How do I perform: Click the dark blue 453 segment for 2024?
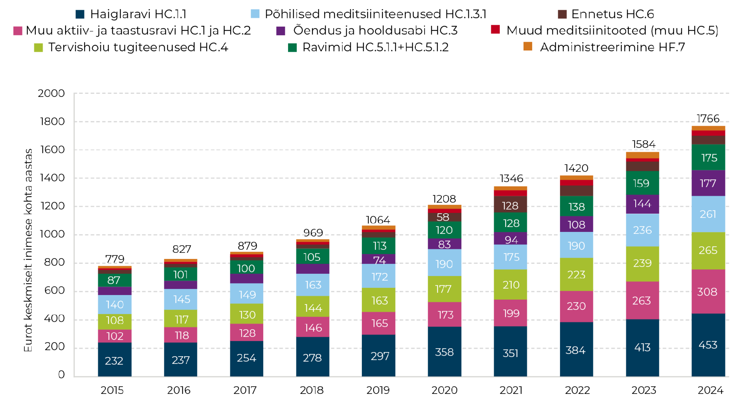coord(708,345)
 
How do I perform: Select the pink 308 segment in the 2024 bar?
coord(708,292)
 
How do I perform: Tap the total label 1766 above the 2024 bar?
coord(708,118)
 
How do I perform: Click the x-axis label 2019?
coord(378,390)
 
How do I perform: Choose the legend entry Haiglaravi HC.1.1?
coord(131,14)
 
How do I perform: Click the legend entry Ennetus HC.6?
coord(606,14)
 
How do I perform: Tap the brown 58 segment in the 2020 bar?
coord(445,217)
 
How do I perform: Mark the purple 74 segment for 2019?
coord(379,259)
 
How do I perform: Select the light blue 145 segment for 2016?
coord(180,299)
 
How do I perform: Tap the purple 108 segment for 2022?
coord(576,224)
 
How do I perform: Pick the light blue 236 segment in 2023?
coord(642,230)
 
